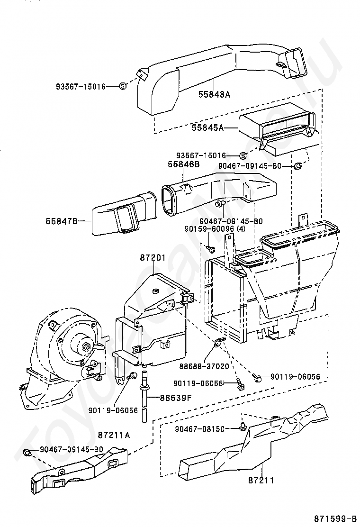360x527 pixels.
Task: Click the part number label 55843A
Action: tap(214, 94)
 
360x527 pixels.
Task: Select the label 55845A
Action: tap(208, 127)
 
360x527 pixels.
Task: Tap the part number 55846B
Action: tap(184, 164)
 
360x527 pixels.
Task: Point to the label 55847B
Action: tap(62, 221)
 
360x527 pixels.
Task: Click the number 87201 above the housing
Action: tap(153, 258)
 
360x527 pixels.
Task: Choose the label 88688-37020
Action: tap(209, 366)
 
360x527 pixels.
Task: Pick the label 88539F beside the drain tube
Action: tap(175, 398)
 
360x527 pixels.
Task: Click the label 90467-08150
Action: tap(199, 429)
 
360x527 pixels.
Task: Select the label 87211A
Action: tap(114, 435)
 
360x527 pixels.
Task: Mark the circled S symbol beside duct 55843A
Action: tap(123, 86)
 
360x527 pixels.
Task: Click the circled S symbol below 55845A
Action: tap(243, 155)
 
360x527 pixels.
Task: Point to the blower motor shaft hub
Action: tap(87, 345)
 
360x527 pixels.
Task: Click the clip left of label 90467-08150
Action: tap(242, 427)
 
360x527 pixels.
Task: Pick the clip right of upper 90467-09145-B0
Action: tap(298, 166)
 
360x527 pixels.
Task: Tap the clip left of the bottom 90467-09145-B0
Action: tap(27, 452)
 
